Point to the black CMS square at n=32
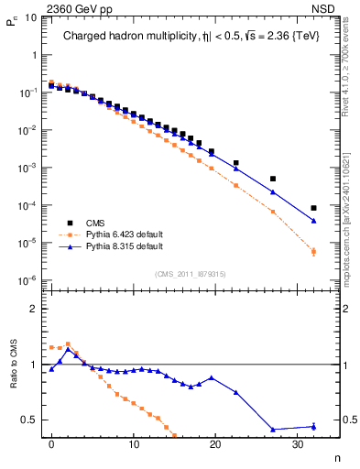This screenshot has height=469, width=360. (x=313, y=208)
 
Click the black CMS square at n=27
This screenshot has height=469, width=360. (x=273, y=179)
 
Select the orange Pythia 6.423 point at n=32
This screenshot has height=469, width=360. (x=313, y=251)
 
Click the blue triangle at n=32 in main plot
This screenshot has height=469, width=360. (x=313, y=221)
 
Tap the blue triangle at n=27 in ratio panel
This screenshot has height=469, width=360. (x=273, y=429)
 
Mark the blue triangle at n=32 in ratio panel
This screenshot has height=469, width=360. (x=313, y=426)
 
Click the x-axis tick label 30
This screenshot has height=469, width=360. (x=297, y=445)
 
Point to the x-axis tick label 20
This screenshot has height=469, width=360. (x=215, y=445)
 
